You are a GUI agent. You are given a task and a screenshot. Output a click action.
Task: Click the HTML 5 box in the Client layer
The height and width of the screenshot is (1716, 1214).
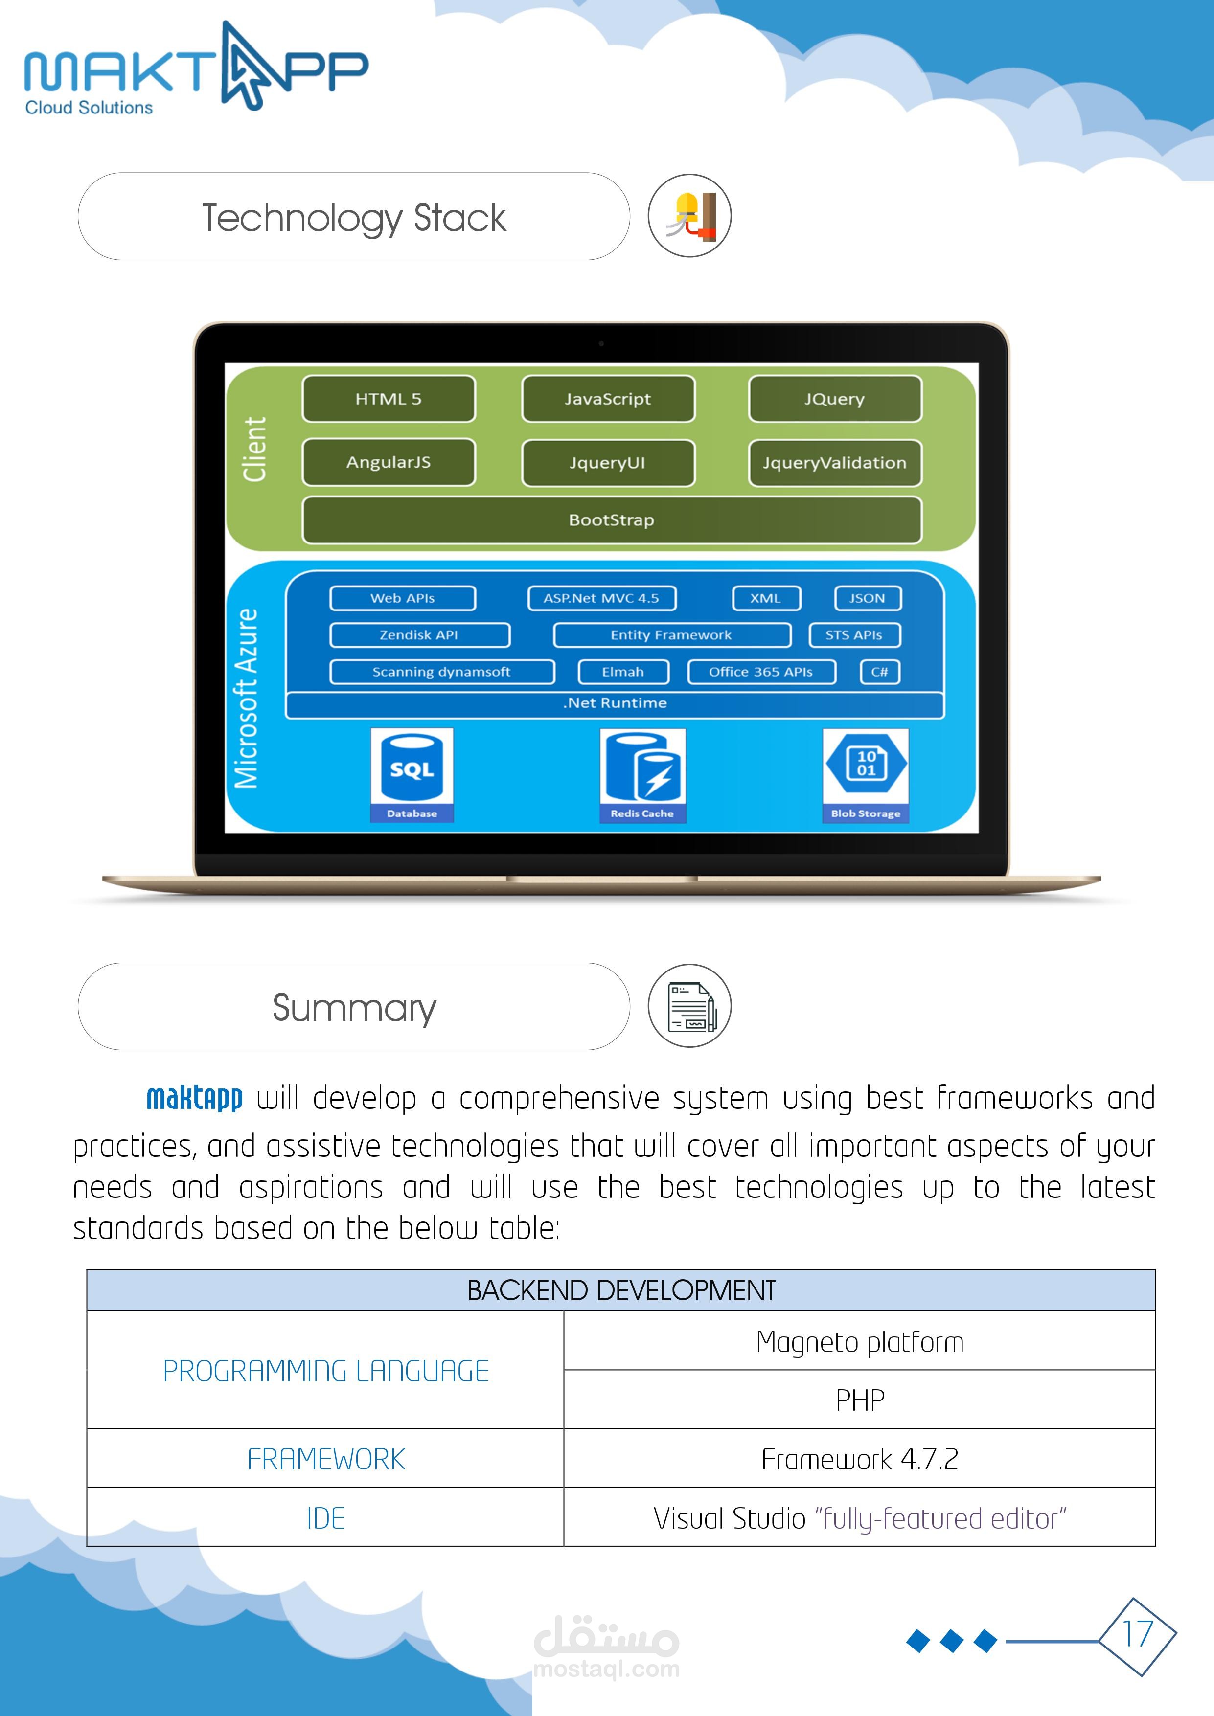tap(388, 399)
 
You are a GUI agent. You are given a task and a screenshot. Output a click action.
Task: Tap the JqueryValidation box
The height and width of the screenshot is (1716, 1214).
tap(834, 463)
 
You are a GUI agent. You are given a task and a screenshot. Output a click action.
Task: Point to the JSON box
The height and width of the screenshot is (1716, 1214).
tap(867, 598)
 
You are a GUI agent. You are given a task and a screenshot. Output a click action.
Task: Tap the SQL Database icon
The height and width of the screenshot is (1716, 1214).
tap(412, 774)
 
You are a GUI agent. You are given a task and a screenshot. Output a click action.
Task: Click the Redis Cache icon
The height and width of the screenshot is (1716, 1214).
tap(642, 774)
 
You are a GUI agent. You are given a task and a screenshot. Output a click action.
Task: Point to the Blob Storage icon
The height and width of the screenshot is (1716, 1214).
tap(866, 774)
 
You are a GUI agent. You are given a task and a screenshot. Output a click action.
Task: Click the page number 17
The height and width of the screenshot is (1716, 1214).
tap(1137, 1634)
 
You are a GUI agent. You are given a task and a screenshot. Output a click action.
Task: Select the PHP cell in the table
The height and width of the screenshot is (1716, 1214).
tap(860, 1400)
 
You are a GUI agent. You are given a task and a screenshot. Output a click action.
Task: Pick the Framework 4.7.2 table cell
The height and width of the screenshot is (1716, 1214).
tap(860, 1459)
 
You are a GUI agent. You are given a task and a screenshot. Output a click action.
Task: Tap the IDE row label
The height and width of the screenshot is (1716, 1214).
tap(325, 1518)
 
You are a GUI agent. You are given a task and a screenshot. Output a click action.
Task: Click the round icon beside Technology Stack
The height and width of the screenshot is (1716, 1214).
tap(689, 216)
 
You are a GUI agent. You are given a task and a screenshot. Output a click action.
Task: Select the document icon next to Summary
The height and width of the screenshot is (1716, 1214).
tap(689, 1006)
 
